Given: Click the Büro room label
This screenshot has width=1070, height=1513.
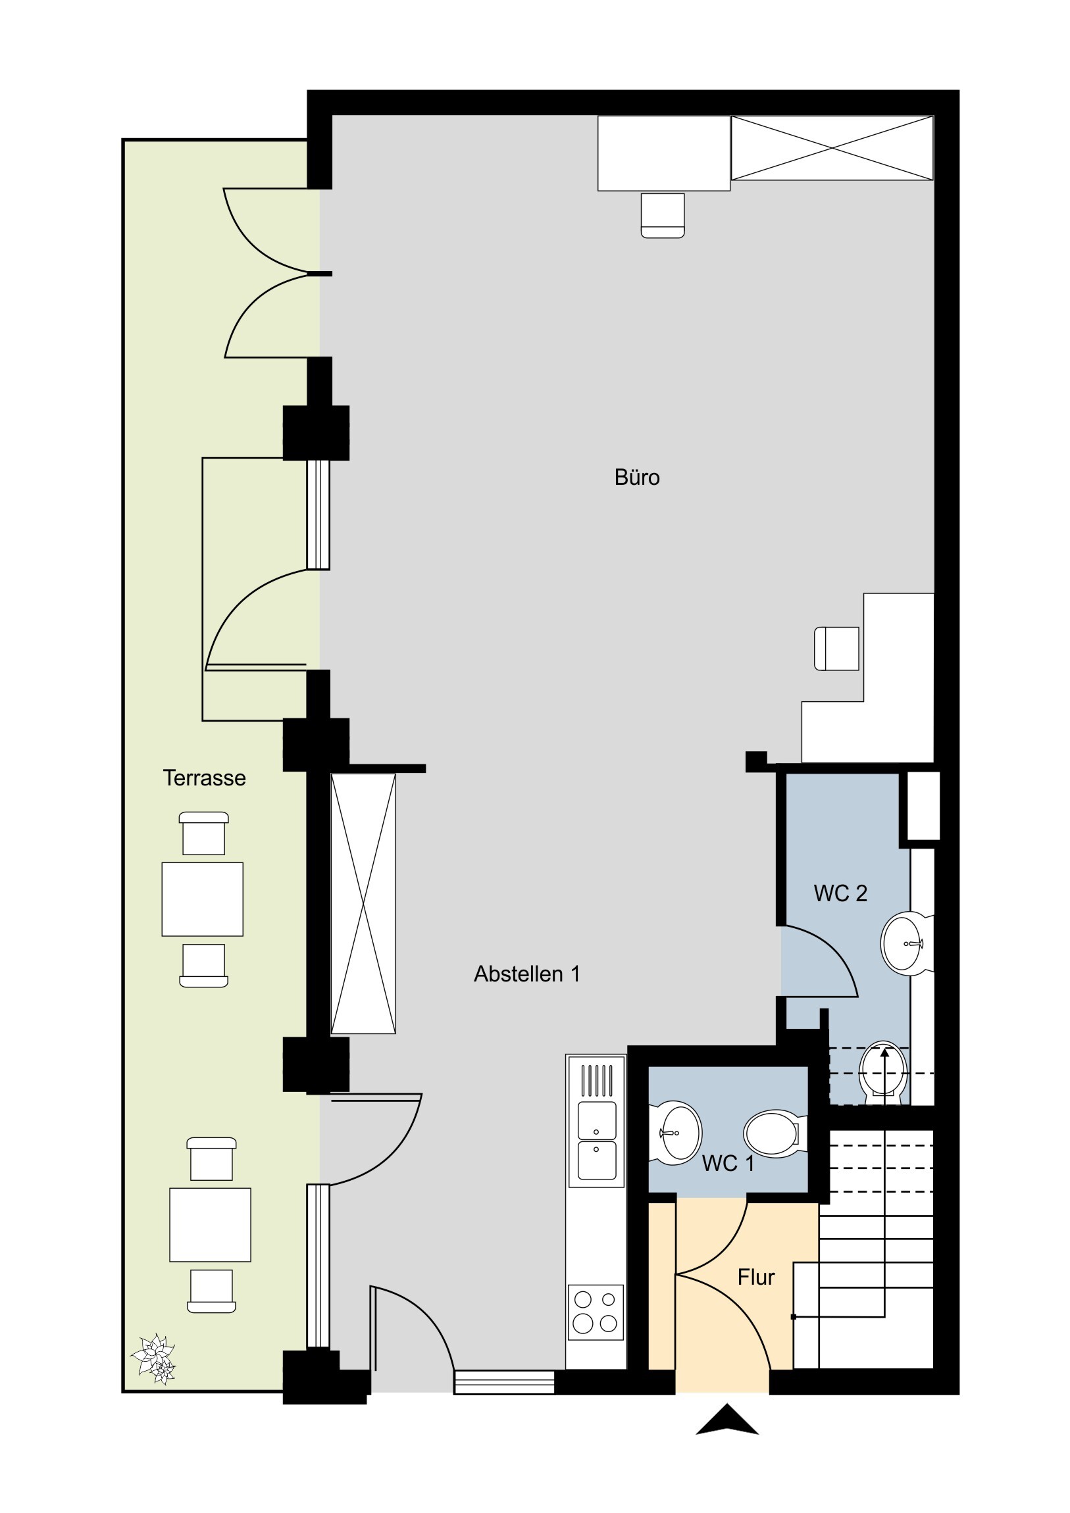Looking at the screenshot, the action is click(x=637, y=477).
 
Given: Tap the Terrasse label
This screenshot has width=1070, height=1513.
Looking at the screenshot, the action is click(x=205, y=778).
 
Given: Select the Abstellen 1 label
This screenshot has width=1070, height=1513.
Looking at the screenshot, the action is click(x=526, y=974).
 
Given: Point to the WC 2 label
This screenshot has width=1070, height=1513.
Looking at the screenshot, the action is click(x=840, y=893).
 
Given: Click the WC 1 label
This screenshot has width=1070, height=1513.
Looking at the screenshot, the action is click(x=728, y=1164).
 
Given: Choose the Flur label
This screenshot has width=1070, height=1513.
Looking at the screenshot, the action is click(x=755, y=1277).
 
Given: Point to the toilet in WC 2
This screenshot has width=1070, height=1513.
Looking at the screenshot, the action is click(x=882, y=1069).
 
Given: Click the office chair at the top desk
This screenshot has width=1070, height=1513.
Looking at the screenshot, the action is click(x=663, y=215).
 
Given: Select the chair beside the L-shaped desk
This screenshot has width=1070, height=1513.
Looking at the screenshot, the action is click(x=836, y=649).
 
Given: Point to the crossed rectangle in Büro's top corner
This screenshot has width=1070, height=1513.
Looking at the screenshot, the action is click(x=832, y=147).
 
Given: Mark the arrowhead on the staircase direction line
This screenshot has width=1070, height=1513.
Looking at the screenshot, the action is click(x=883, y=1053).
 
